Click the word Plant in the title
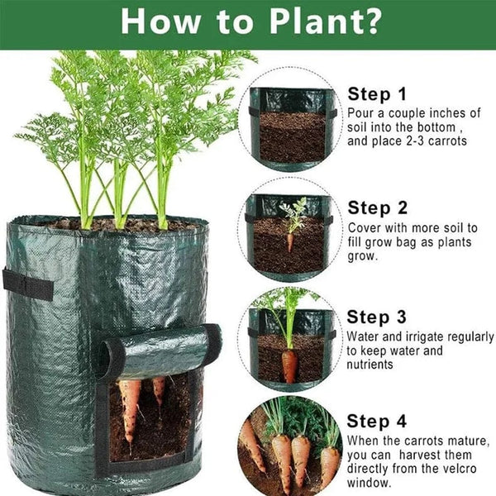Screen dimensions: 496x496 point(307,21)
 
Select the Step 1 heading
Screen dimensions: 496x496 point(376,93)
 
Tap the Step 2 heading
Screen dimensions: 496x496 point(377,207)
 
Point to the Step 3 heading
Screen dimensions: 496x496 point(376,317)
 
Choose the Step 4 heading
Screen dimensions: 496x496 point(376,421)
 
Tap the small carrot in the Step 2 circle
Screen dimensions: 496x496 point(289,241)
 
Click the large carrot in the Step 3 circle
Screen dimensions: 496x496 point(289,365)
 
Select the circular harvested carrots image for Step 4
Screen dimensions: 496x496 point(289,446)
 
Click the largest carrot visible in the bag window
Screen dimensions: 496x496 point(130,410)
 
